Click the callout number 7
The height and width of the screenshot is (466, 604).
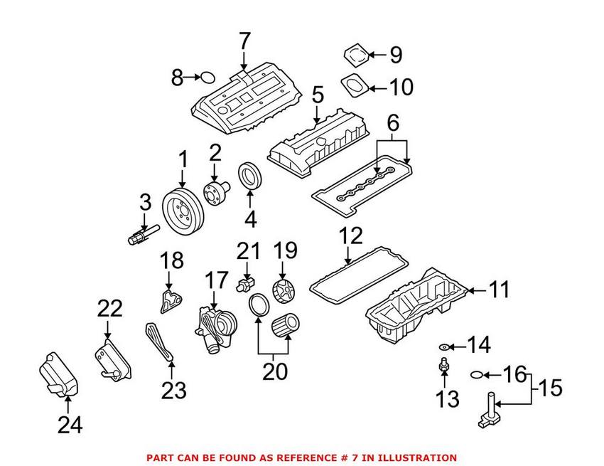[245, 41]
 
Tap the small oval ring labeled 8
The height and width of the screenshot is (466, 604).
[207, 78]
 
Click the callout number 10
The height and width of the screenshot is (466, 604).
[401, 88]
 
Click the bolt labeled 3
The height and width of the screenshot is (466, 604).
[141, 234]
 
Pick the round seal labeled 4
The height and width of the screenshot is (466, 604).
[249, 176]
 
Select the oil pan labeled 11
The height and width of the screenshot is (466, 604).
[416, 306]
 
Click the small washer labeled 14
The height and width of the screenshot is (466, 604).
[444, 346]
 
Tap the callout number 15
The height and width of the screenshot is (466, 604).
[548, 388]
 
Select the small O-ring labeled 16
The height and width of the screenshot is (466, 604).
[479, 374]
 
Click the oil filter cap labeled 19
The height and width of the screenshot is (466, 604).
[283, 291]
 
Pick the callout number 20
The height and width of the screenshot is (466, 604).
[274, 371]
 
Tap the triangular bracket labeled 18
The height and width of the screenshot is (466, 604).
[166, 300]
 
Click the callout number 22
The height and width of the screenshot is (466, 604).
[109, 309]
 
